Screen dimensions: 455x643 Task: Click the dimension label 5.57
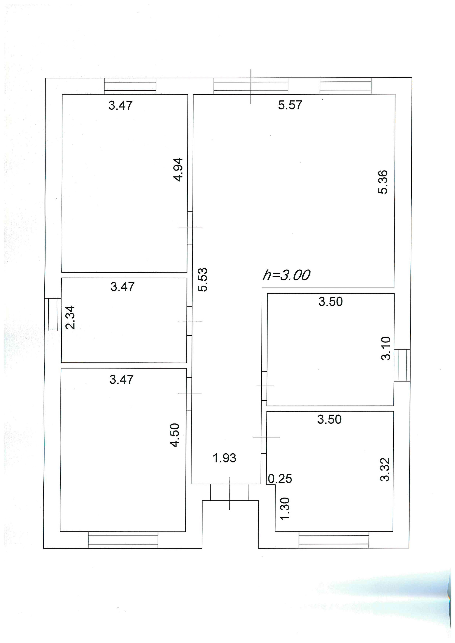290,105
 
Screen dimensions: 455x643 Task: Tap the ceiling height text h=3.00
286,275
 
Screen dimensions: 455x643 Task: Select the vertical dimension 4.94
178,170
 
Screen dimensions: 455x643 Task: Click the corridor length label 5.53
203,280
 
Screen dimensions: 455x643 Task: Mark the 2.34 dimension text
70,317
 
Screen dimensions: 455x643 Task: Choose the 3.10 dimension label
386,348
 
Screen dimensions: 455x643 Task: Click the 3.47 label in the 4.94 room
120,106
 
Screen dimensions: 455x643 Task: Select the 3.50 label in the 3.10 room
331,302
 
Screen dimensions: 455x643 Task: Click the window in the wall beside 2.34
53,315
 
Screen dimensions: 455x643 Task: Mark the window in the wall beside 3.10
402,365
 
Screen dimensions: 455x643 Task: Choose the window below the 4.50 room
123,540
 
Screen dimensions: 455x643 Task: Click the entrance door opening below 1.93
230,492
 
